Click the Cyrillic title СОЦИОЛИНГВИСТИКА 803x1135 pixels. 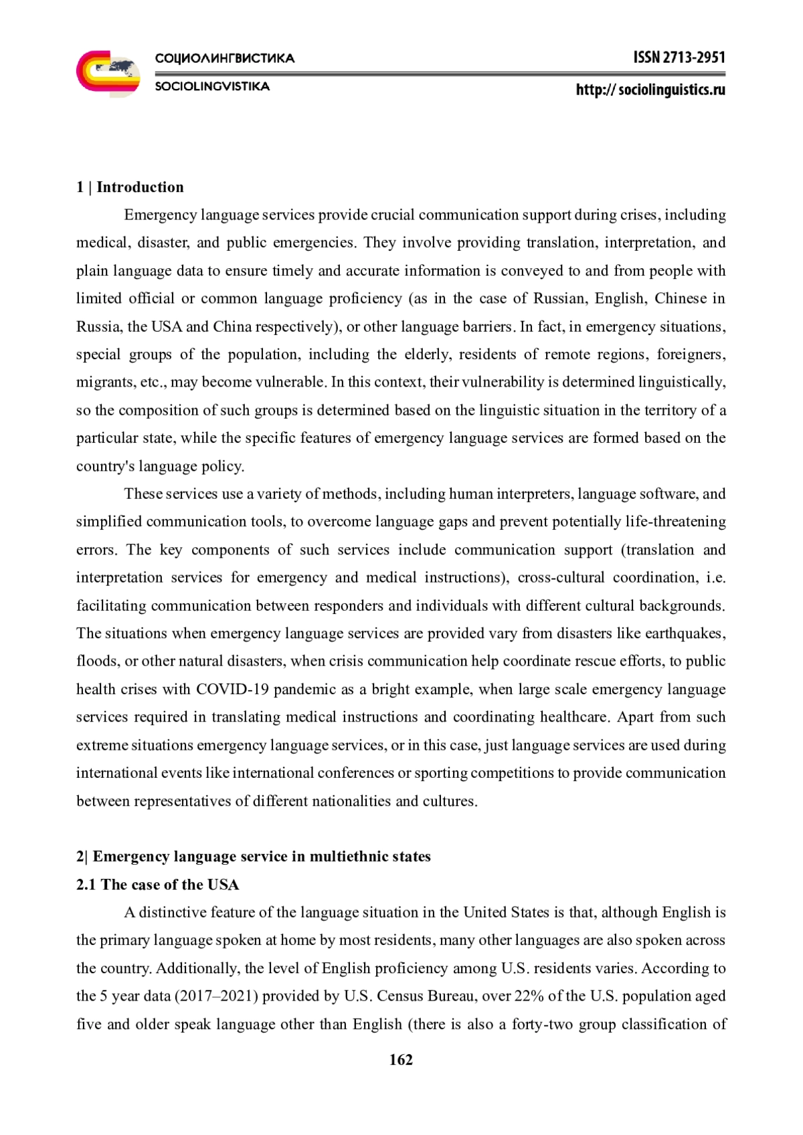click(225, 59)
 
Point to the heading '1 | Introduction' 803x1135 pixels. click(130, 187)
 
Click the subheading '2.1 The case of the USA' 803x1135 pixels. click(157, 885)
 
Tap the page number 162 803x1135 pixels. click(401, 1059)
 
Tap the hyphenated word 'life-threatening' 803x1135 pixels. click(675, 522)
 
